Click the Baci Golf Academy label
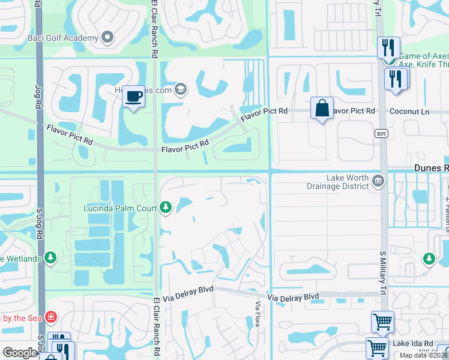click(71, 38)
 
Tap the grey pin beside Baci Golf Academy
click(107, 38)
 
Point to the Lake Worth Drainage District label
click(348, 182)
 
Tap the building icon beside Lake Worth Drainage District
click(378, 181)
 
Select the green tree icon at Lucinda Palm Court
click(166, 208)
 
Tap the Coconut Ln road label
click(409, 111)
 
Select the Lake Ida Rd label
click(413, 343)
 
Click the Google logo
click(20, 353)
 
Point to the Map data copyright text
click(423, 355)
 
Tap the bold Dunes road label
click(431, 169)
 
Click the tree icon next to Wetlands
click(51, 259)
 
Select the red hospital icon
click(52, 316)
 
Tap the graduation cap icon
click(181, 91)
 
